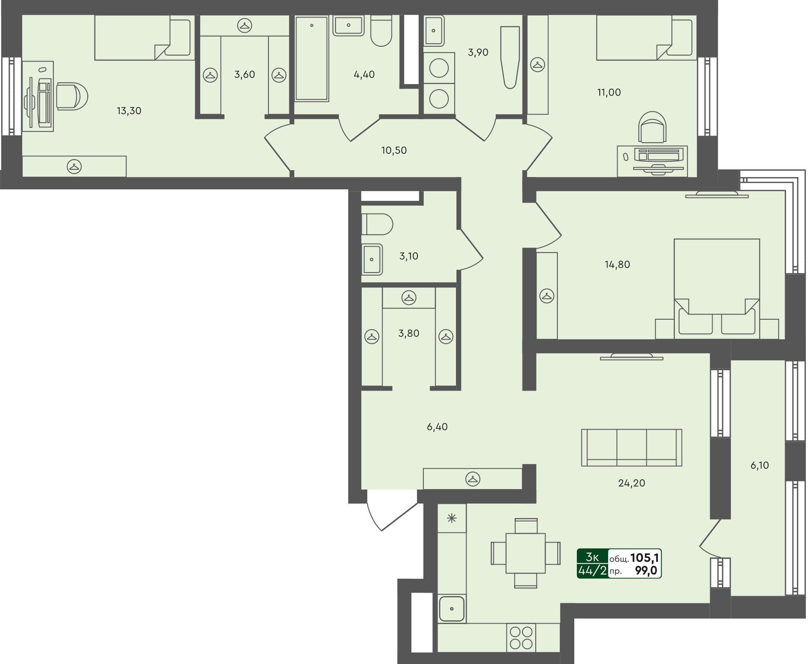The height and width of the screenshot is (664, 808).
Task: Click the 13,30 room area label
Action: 129,111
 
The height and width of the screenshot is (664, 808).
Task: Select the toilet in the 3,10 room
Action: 377,224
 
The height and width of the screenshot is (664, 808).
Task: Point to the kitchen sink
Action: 452,609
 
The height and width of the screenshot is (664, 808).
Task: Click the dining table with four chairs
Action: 526,553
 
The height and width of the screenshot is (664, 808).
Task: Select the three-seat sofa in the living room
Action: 631,447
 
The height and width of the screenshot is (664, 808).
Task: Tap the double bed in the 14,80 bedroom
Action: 716,289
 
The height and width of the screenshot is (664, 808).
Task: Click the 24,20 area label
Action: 632,483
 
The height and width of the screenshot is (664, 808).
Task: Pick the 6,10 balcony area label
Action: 759,465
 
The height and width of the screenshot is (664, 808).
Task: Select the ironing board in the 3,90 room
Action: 510,57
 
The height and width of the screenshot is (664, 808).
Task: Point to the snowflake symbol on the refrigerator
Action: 452,518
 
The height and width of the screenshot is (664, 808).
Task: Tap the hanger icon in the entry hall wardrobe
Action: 472,479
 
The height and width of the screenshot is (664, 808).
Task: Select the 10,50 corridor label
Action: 394,150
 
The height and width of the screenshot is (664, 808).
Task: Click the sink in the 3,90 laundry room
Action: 433,31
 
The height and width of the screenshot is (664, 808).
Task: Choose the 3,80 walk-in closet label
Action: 408,333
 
